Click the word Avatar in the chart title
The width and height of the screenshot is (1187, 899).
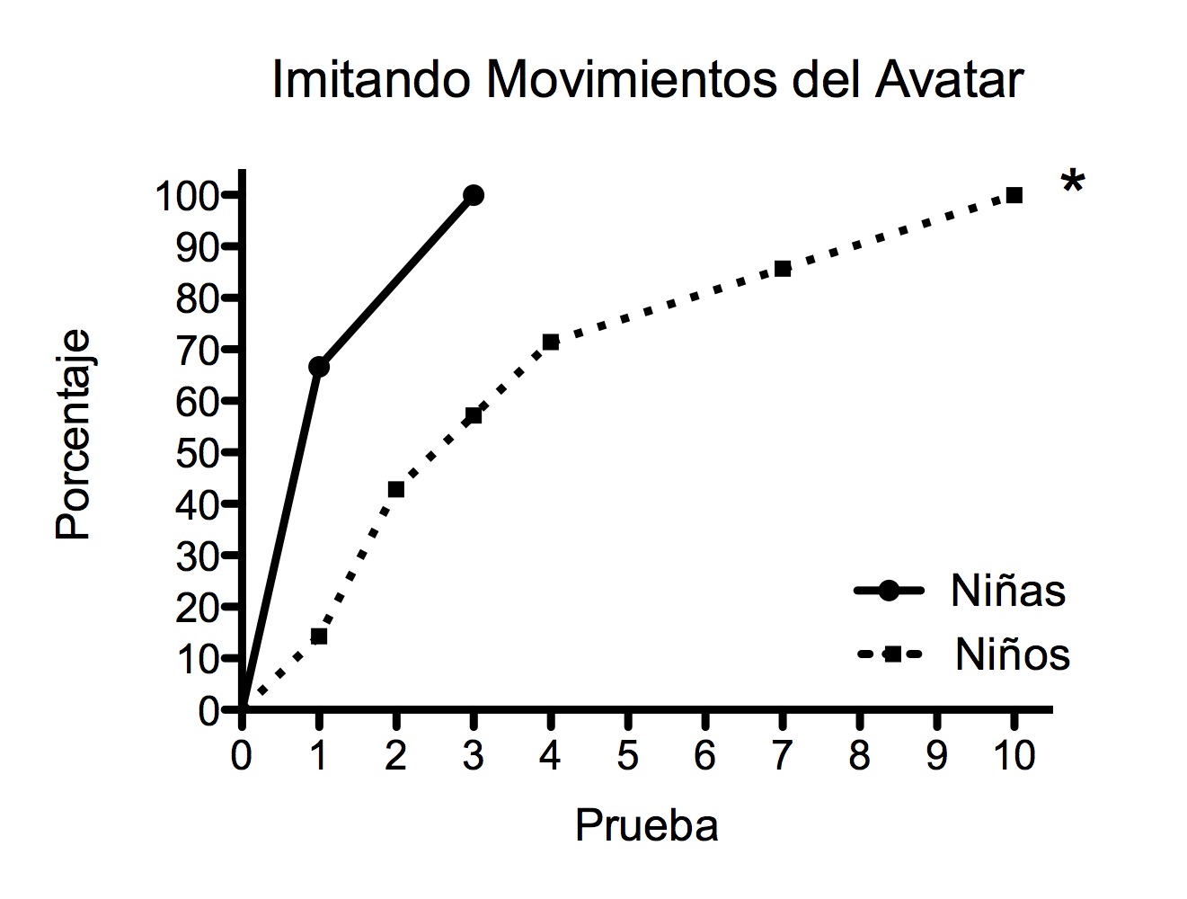click(x=947, y=79)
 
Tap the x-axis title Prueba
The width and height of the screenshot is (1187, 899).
click(x=646, y=825)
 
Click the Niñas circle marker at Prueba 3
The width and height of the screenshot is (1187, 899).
click(x=474, y=195)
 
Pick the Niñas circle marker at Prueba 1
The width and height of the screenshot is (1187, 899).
click(x=319, y=367)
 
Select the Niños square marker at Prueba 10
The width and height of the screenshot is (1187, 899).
click(x=1014, y=195)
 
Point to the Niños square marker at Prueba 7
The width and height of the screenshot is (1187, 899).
click(x=783, y=269)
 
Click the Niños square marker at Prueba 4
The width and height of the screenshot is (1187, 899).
click(x=551, y=342)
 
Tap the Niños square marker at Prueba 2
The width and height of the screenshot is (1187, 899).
click(x=396, y=489)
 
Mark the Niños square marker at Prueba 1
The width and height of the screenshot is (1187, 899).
click(x=319, y=636)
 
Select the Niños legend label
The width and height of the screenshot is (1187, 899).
click(x=1013, y=654)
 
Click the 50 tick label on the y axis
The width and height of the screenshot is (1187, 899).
click(x=197, y=452)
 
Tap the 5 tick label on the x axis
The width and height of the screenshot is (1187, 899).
click(x=628, y=756)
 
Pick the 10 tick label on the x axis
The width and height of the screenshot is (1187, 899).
click(x=1014, y=756)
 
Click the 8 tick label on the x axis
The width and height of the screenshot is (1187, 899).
click(x=860, y=756)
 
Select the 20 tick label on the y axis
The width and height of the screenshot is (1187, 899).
click(x=197, y=607)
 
